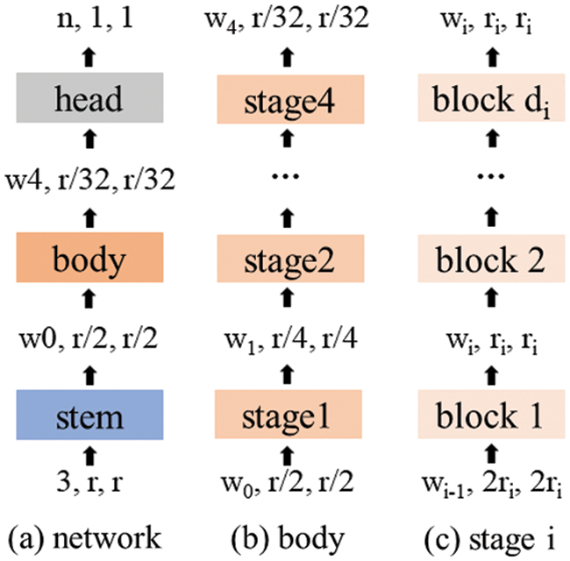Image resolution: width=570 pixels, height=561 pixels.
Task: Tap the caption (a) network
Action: click(86, 536)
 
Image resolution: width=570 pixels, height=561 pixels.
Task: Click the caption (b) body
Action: click(289, 536)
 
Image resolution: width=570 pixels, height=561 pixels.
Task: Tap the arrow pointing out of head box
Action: click(86, 55)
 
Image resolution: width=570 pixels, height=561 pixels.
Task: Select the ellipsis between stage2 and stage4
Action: click(289, 177)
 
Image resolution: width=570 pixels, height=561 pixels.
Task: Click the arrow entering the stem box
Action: click(86, 452)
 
